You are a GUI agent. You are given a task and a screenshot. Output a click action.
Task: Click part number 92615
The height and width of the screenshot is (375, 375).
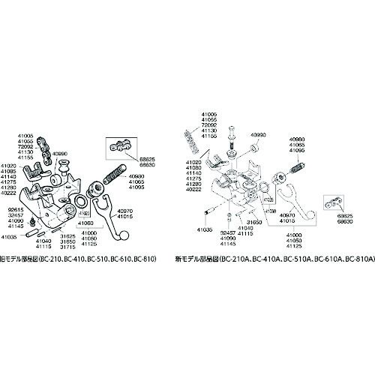tap(17, 208)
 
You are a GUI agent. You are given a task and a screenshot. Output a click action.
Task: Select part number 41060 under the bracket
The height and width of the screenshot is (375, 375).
tap(84, 223)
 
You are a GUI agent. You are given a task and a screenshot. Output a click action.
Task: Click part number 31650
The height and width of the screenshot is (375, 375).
tap(254, 222)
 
